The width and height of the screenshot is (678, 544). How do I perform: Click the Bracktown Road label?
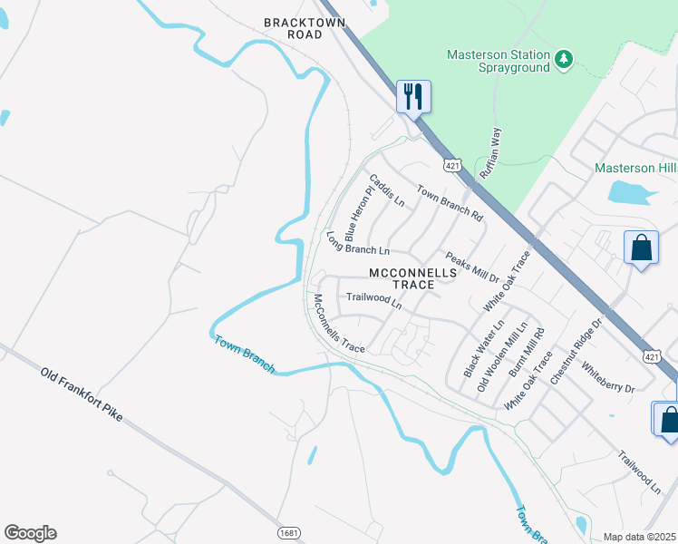point(293,27)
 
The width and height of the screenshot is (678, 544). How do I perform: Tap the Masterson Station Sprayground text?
point(499,61)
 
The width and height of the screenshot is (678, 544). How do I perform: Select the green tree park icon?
point(564,59)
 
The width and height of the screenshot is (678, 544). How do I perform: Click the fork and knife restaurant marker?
point(413,96)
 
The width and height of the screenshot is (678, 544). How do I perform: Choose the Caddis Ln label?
point(385,189)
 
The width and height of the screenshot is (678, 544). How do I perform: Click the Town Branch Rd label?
point(449,203)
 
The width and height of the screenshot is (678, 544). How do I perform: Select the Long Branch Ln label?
point(357,243)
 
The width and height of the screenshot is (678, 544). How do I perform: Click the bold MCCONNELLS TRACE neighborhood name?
point(402,278)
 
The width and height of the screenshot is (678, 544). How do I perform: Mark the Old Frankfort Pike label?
point(82,395)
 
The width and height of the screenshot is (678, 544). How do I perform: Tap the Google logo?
point(30,533)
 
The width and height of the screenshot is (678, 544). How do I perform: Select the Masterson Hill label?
point(635,168)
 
